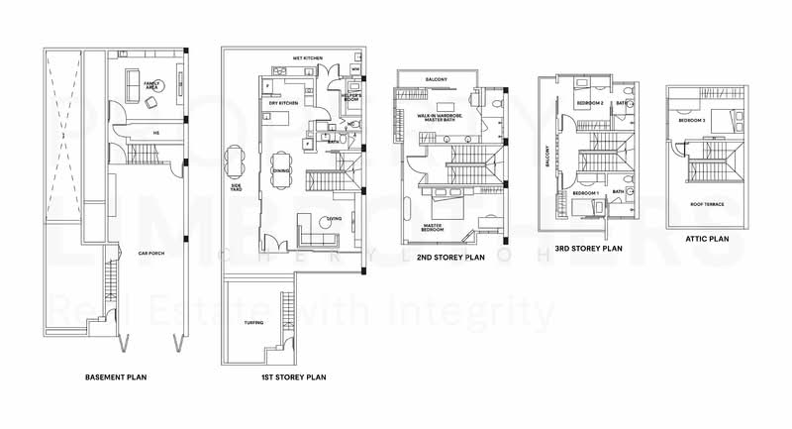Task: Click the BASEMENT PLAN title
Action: click(x=116, y=377)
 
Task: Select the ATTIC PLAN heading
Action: click(x=707, y=239)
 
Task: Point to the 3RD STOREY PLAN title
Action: click(x=588, y=249)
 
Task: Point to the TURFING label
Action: click(x=253, y=323)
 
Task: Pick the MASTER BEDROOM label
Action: click(x=433, y=228)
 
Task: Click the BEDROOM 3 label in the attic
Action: click(x=692, y=120)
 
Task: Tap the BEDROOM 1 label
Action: click(x=583, y=193)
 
